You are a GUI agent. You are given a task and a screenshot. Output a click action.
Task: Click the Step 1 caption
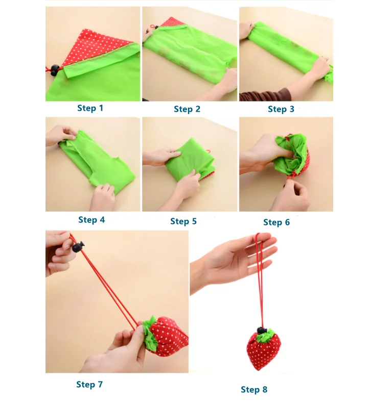[90, 108]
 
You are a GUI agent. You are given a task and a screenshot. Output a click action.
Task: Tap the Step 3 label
[281, 109]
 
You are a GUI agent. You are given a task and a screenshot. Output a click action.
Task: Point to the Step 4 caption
[91, 220]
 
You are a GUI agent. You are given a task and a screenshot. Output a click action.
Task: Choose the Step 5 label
[183, 221]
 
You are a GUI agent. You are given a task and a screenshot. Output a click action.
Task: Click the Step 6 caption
[276, 222]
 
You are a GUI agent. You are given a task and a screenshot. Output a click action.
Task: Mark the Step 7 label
[89, 384]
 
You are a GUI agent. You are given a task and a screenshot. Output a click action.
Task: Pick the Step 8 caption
[254, 389]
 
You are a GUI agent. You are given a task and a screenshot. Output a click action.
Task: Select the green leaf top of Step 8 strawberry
[265, 335]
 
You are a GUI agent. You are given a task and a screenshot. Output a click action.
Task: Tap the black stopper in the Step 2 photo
[156, 24]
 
